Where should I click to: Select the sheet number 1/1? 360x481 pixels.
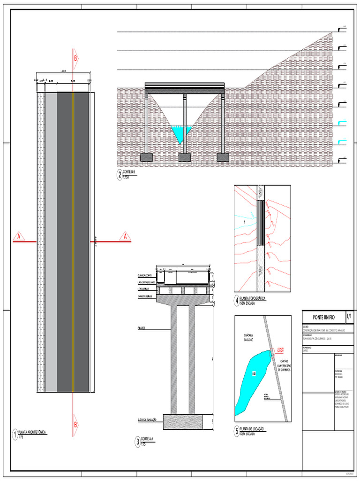[350, 316]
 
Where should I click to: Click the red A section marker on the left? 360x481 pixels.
[19, 236]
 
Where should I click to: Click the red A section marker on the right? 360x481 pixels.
[125, 236]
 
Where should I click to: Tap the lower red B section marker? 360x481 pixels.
[75, 424]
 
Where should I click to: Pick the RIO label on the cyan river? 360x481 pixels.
[254, 373]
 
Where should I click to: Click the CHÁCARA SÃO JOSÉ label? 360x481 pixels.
[251, 337]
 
